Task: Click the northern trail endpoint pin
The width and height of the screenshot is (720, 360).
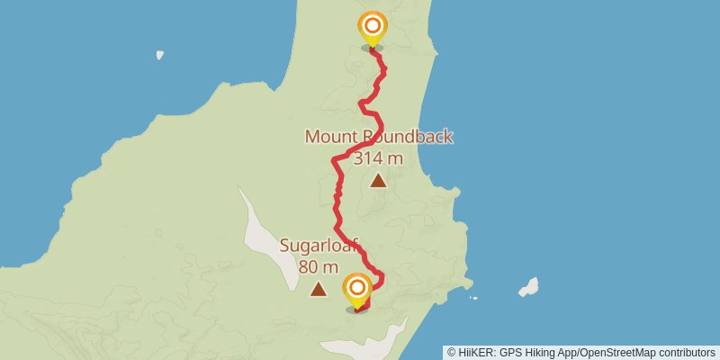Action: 371,27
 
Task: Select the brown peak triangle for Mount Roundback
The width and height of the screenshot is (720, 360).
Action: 378,181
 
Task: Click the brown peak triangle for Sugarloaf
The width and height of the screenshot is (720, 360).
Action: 318,289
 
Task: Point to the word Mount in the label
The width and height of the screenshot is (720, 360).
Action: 332,137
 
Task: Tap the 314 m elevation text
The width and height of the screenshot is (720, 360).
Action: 378,158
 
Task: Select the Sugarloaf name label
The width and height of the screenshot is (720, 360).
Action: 319,246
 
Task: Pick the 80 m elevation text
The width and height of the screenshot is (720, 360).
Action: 319,266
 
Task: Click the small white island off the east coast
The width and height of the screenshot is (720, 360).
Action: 529,287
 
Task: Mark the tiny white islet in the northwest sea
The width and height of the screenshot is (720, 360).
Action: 159,55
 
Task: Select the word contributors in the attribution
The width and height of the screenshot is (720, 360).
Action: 687,352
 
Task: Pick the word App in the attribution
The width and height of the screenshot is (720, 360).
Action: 571,352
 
